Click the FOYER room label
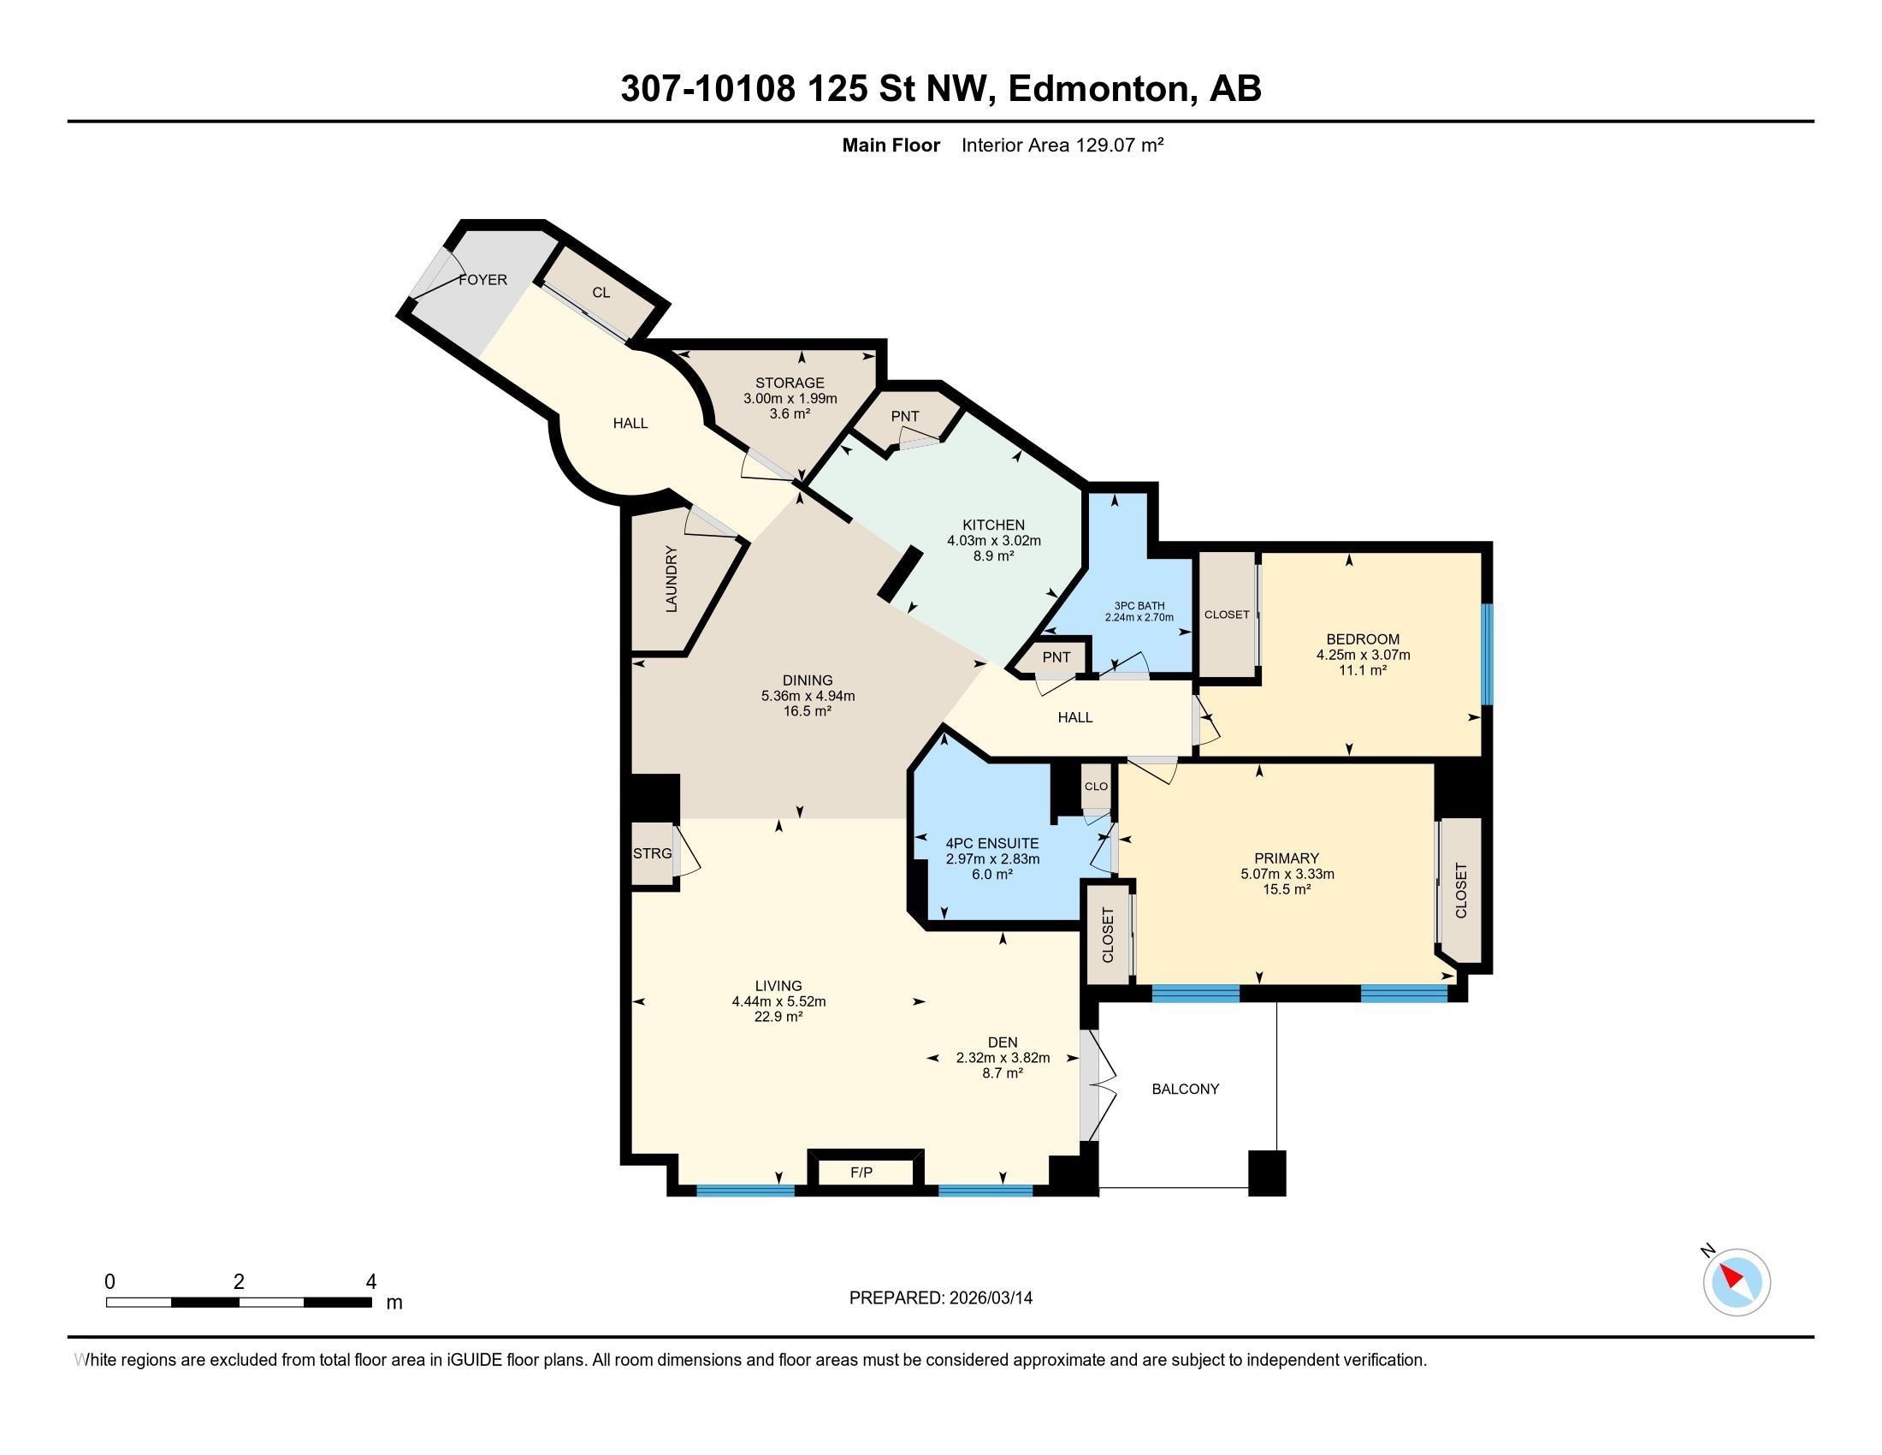tap(482, 280)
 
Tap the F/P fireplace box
tap(861, 1172)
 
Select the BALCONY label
tap(1186, 1089)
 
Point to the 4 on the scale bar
tap(371, 1282)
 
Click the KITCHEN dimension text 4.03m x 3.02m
tap(993, 540)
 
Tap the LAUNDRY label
tap(672, 579)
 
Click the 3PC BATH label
tap(1139, 606)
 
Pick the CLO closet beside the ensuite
tap(1096, 786)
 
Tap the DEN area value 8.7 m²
tap(1003, 1073)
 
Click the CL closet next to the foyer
tap(601, 292)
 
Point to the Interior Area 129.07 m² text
tap(1062, 145)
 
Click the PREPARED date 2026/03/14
tap(989, 1298)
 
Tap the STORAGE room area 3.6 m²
tap(790, 413)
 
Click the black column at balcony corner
tap(1267, 1173)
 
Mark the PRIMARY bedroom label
tap(1287, 858)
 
